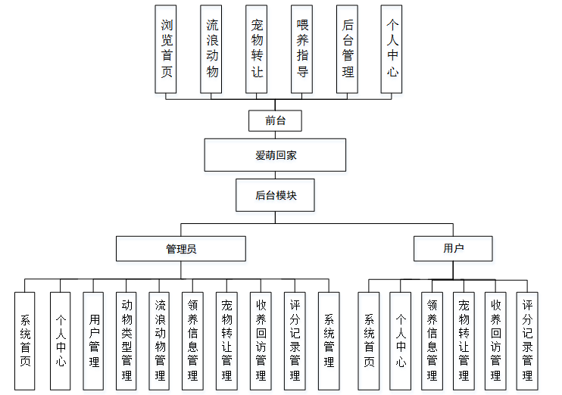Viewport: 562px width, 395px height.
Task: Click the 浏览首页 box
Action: coord(166,49)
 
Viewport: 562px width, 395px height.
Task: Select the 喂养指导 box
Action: coord(302,49)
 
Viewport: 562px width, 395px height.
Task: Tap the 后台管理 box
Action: coord(348,49)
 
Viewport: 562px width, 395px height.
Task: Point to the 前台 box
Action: coord(275,120)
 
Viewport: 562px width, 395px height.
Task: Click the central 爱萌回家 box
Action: coord(275,155)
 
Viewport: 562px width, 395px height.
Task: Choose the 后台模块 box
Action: coord(275,194)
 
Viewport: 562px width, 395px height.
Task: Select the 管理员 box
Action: coord(180,248)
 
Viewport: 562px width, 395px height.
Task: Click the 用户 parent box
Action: coord(453,248)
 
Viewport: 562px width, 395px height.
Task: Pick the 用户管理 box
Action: coord(94,341)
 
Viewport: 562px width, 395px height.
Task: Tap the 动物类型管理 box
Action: coord(126,341)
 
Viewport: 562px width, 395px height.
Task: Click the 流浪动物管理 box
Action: coord(160,341)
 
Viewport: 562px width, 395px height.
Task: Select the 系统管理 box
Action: coord(329,341)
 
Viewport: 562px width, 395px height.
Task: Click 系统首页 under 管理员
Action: coord(25,341)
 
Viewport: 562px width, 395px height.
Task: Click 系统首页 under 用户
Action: coord(369,341)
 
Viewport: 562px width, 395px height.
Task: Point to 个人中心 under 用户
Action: coord(401,341)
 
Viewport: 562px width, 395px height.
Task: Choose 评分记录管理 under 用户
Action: coord(527,341)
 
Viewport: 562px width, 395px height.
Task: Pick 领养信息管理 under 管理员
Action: coord(192,341)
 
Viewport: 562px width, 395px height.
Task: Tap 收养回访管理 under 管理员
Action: coord(261,341)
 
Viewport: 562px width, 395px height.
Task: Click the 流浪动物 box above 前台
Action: coord(211,49)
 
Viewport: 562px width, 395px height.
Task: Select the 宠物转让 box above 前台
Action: coord(257,49)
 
